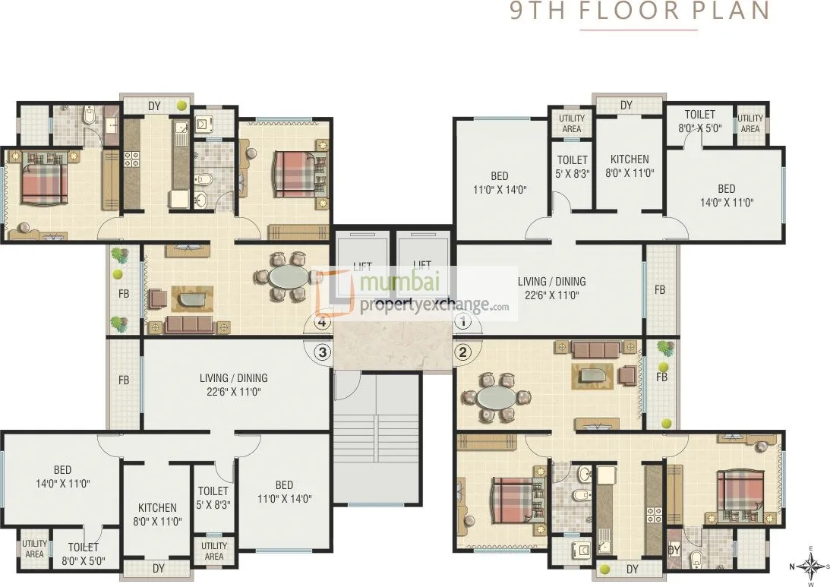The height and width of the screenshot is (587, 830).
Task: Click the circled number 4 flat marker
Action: [x=323, y=322]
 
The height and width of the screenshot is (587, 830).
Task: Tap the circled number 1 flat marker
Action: [x=463, y=321]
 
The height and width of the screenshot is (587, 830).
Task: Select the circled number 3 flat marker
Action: [x=323, y=352]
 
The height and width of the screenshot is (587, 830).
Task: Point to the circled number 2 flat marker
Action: [x=463, y=352]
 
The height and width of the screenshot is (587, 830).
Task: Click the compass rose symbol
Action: [x=810, y=566]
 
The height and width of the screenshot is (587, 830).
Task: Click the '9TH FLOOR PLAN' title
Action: [x=639, y=11]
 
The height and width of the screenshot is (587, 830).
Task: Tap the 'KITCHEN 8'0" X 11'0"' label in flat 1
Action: [x=630, y=166]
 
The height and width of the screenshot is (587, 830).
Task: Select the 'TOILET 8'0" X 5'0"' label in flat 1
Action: [x=700, y=122]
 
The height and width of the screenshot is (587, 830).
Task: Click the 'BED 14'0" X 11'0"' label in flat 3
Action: [x=62, y=476]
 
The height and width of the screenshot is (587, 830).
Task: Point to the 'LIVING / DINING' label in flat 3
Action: [x=233, y=378]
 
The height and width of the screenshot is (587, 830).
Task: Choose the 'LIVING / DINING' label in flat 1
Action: [x=551, y=282]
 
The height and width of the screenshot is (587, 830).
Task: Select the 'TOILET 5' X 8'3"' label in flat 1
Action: [x=573, y=166]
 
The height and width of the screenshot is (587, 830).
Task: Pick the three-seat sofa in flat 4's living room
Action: [x=189, y=324]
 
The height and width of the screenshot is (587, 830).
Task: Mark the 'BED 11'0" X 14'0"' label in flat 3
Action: [x=284, y=492]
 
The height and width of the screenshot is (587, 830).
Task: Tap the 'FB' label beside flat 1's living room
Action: [x=660, y=290]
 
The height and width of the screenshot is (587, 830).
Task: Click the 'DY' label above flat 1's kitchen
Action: [x=626, y=106]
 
